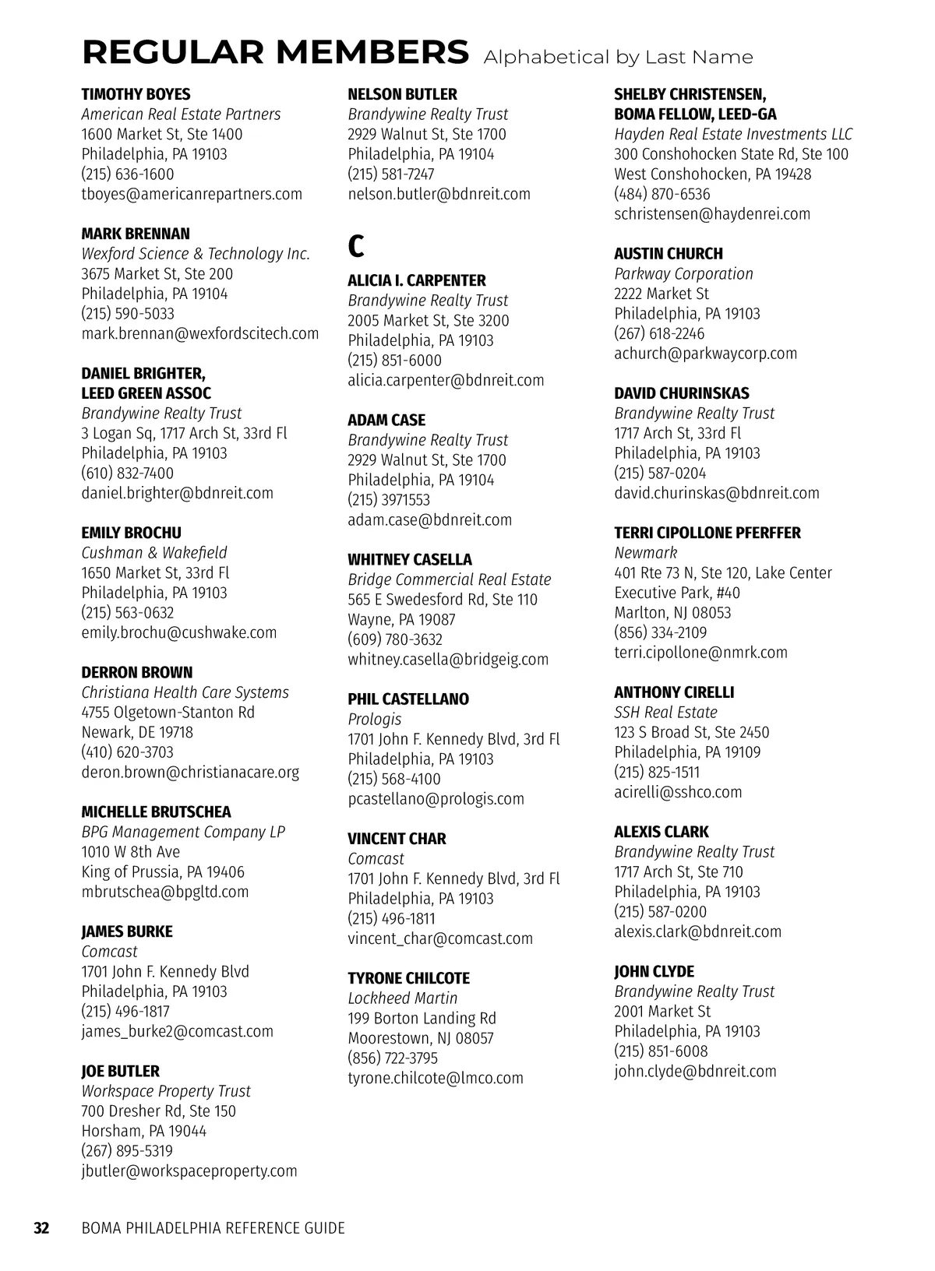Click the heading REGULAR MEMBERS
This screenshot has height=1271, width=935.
click(275, 53)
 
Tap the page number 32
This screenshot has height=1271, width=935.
click(41, 1229)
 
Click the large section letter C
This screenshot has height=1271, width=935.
click(355, 247)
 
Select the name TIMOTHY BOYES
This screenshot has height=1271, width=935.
click(136, 94)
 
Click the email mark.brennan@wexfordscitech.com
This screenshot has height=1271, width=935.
click(200, 334)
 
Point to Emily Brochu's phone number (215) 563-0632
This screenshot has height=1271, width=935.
click(128, 613)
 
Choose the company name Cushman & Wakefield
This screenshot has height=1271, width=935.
click(154, 553)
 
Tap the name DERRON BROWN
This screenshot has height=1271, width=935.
click(137, 673)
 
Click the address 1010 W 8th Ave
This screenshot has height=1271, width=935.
click(131, 852)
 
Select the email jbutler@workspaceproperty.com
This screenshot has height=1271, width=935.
click(189, 1171)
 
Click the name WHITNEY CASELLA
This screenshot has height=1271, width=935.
click(410, 560)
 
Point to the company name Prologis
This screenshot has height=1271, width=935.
click(375, 720)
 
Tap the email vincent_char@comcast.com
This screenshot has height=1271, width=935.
click(440, 939)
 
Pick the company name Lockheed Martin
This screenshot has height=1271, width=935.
click(403, 998)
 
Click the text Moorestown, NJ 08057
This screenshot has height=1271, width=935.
click(421, 1038)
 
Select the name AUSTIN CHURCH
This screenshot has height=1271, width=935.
click(669, 254)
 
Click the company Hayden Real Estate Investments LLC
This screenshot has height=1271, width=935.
click(733, 134)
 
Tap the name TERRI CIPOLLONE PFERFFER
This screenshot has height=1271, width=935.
click(707, 533)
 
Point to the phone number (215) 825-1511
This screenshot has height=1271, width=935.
click(657, 773)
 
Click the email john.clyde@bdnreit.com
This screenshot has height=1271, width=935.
click(695, 1072)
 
